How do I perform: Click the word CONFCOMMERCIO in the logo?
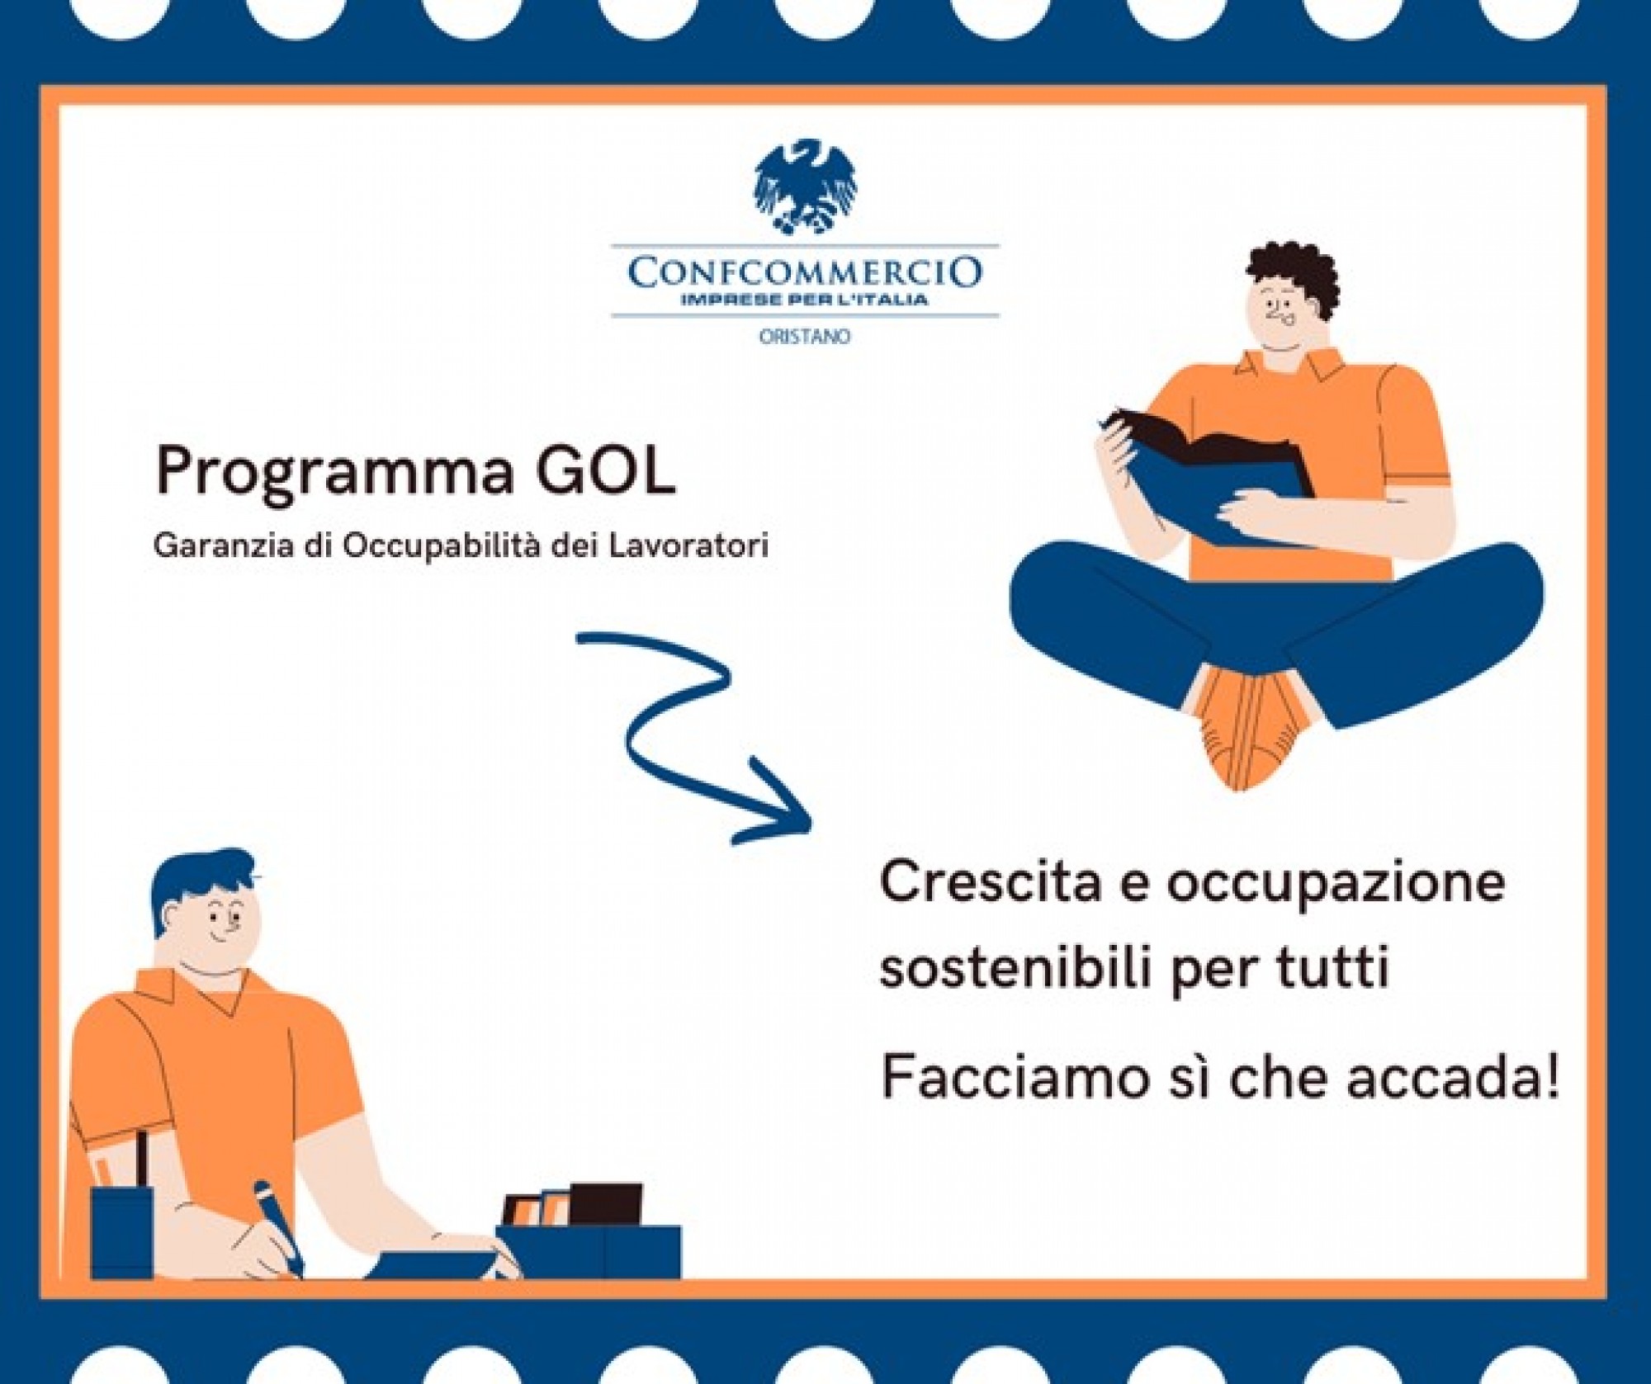click(805, 272)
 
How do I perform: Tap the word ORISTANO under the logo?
click(805, 337)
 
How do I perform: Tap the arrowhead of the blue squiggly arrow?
click(774, 802)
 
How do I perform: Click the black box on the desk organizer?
click(606, 1204)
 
